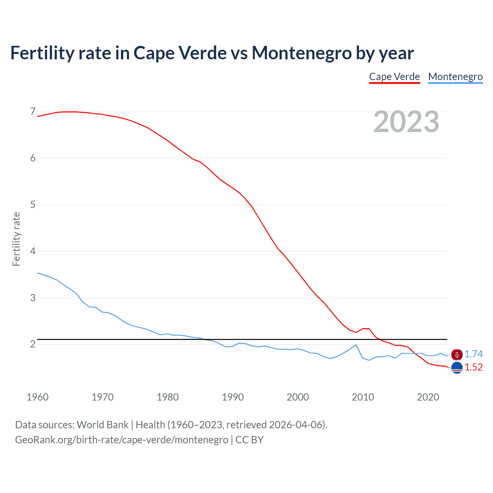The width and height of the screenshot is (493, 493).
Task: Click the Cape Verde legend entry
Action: coord(394,77)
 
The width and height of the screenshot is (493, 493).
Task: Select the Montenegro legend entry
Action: coord(455,77)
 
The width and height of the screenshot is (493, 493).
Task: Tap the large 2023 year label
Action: coord(406,122)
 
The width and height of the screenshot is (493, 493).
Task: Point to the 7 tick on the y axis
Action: coord(33,112)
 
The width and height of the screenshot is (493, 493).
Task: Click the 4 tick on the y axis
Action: coord(33,251)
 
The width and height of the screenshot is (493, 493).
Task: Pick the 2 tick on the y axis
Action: coord(33,344)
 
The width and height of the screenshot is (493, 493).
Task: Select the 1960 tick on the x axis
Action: coord(37,397)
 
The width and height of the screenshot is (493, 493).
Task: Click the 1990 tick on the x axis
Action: coord(233,397)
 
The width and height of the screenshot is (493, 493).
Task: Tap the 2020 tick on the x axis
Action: coord(428,397)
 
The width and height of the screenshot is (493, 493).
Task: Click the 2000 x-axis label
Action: coord(298,397)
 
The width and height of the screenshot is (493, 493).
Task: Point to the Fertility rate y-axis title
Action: coord(16,239)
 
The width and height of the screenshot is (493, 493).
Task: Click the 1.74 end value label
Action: coord(473,354)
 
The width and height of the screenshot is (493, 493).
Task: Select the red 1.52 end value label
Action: coord(473,367)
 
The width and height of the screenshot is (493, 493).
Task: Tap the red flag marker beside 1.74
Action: coord(457,354)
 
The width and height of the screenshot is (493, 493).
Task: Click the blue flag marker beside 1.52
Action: coord(457,368)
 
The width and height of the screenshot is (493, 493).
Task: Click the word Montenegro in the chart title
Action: coord(302,53)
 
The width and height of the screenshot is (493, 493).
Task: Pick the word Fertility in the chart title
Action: coord(41,53)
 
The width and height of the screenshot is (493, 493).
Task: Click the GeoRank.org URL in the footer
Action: coord(122,440)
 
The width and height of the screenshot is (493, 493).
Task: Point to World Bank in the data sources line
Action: coord(102,425)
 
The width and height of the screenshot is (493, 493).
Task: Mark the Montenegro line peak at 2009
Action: coord(356,345)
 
